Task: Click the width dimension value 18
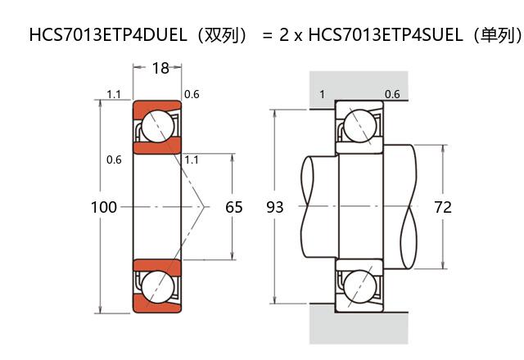pyautogui.click(x=160, y=69)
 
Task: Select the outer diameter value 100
pyautogui.click(x=103, y=207)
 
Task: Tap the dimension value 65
pyautogui.click(x=234, y=207)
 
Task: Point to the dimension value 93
pyautogui.click(x=275, y=207)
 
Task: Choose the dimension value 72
pyautogui.click(x=442, y=207)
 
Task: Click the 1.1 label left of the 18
pyautogui.click(x=114, y=95)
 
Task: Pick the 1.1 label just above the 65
pyautogui.click(x=192, y=160)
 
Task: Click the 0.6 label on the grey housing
pyautogui.click(x=392, y=95)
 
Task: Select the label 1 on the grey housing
pyautogui.click(x=322, y=95)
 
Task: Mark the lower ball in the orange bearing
pyautogui.click(x=157, y=287)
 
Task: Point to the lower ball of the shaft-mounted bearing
pyautogui.click(x=359, y=287)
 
